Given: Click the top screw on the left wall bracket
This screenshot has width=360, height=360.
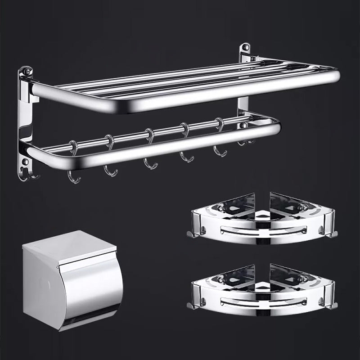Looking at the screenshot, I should pyautogui.click(x=26, y=72).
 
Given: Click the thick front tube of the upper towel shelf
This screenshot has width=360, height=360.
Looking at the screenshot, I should pyautogui.click(x=180, y=92).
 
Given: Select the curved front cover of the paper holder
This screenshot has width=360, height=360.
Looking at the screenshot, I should pyautogui.click(x=92, y=288).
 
